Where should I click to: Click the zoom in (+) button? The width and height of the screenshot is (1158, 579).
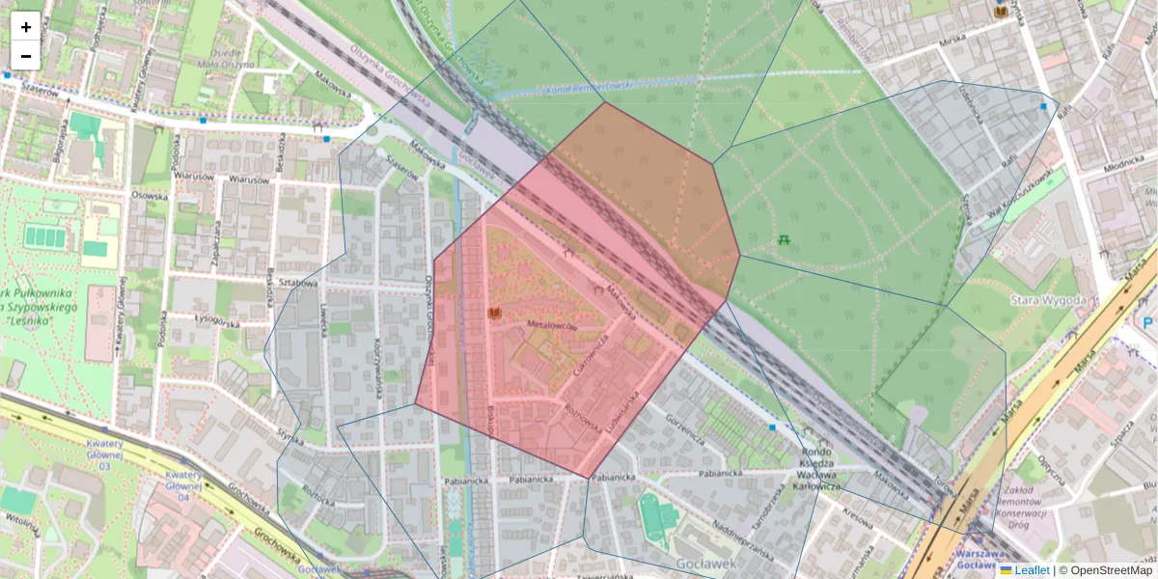26,26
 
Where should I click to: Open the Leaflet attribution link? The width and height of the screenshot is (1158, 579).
1032,570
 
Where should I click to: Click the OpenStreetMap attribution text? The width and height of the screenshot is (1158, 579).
1112,570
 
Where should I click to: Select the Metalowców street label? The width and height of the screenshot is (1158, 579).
552,327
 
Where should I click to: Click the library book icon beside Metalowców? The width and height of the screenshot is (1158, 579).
495,315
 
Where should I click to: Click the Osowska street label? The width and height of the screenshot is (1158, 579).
150,196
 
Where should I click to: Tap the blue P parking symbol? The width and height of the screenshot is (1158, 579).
1147,323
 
